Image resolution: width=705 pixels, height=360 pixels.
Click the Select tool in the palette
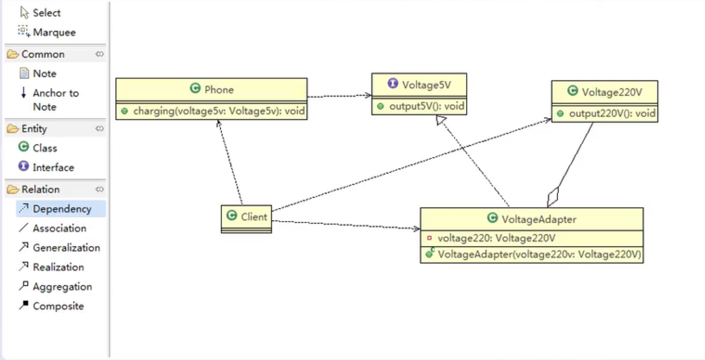[40, 13]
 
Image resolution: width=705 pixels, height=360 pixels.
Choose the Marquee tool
[47, 32]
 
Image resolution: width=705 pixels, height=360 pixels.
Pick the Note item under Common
[38, 73]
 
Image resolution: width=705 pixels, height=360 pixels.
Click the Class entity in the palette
[38, 147]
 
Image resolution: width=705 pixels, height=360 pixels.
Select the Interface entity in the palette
[46, 167]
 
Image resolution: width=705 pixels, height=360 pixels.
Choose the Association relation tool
[52, 228]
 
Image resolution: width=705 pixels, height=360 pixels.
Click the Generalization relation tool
[59, 248]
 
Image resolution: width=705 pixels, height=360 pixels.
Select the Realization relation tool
[51, 267]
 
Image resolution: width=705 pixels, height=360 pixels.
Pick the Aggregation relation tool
[55, 286]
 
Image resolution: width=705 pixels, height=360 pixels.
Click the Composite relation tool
[51, 306]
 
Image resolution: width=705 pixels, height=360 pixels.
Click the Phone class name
[219, 90]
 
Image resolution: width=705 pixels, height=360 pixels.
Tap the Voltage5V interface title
[426, 85]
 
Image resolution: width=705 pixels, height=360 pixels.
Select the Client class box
[246, 219]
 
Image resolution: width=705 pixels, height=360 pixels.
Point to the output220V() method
[612, 113]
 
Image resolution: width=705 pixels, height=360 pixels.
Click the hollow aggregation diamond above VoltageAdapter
[553, 196]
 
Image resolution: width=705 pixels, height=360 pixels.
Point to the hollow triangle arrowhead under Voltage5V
[441, 120]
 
